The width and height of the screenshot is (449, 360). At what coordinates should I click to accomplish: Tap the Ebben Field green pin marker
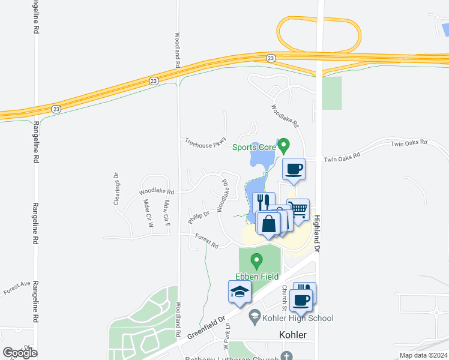pos(257,261)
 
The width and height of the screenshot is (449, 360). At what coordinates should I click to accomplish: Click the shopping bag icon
pos(268,223)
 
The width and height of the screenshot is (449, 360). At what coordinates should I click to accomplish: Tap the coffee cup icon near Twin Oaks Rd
pos(294,169)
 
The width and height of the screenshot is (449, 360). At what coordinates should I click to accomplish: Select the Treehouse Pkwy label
pos(204,142)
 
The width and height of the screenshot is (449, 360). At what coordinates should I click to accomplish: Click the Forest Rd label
pos(206,241)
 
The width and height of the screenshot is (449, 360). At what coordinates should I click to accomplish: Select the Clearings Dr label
pos(116,190)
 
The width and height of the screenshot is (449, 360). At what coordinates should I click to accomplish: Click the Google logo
pos(20,352)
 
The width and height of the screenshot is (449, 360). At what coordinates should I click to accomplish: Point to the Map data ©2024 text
pos(423,355)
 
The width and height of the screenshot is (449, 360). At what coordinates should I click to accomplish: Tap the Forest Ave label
pos(16,287)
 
